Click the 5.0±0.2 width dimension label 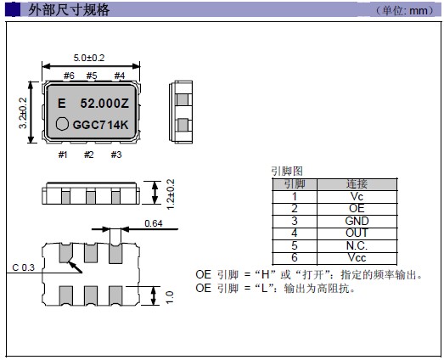tap(89, 58)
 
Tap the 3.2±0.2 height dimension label tap(23, 113)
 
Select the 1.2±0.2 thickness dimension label tap(171, 194)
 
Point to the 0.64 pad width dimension tap(154, 223)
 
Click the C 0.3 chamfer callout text tap(23, 267)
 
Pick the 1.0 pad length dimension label tap(169, 297)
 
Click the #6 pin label tap(69, 76)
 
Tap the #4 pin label tap(120, 76)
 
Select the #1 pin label tap(63, 155)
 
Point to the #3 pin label tap(116, 155)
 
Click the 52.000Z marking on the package tap(104, 104)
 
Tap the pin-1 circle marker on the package tap(62, 124)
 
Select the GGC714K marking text tap(100, 125)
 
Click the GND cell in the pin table tap(357, 221)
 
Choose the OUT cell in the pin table tap(357, 233)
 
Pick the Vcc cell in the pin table tap(357, 257)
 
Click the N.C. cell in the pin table tap(357, 245)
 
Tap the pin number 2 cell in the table tap(295, 209)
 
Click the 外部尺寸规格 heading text tap(69, 10)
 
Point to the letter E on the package tap(61, 104)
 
